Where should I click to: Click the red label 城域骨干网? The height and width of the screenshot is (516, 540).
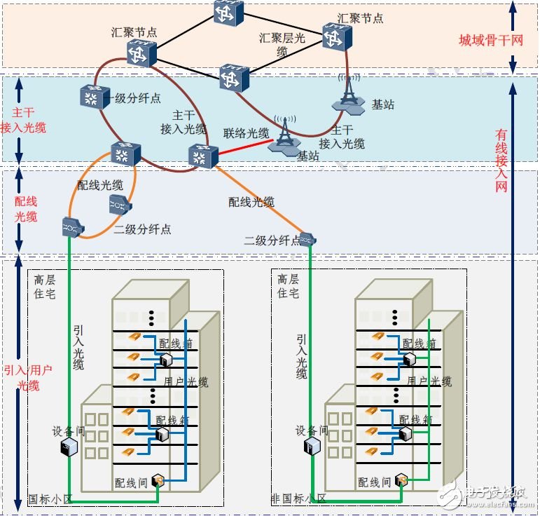(490, 40)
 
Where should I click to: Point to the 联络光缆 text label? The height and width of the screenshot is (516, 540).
(246, 133)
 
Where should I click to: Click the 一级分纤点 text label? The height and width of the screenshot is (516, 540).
(134, 98)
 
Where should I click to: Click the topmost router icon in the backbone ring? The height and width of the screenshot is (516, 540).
(229, 12)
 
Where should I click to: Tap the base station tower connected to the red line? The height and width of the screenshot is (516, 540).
(284, 133)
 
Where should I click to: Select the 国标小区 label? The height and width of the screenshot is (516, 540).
(50, 499)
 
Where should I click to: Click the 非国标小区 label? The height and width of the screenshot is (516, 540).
(299, 498)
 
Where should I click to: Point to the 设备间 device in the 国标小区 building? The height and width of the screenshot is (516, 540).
(68, 447)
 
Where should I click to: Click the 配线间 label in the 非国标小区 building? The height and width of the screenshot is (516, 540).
(374, 482)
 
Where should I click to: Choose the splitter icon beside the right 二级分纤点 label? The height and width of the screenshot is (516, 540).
(306, 240)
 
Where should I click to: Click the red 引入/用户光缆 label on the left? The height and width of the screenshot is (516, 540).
(28, 378)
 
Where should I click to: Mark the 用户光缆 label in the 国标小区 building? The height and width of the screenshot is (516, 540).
(185, 381)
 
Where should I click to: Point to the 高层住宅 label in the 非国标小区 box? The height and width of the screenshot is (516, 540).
(288, 286)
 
